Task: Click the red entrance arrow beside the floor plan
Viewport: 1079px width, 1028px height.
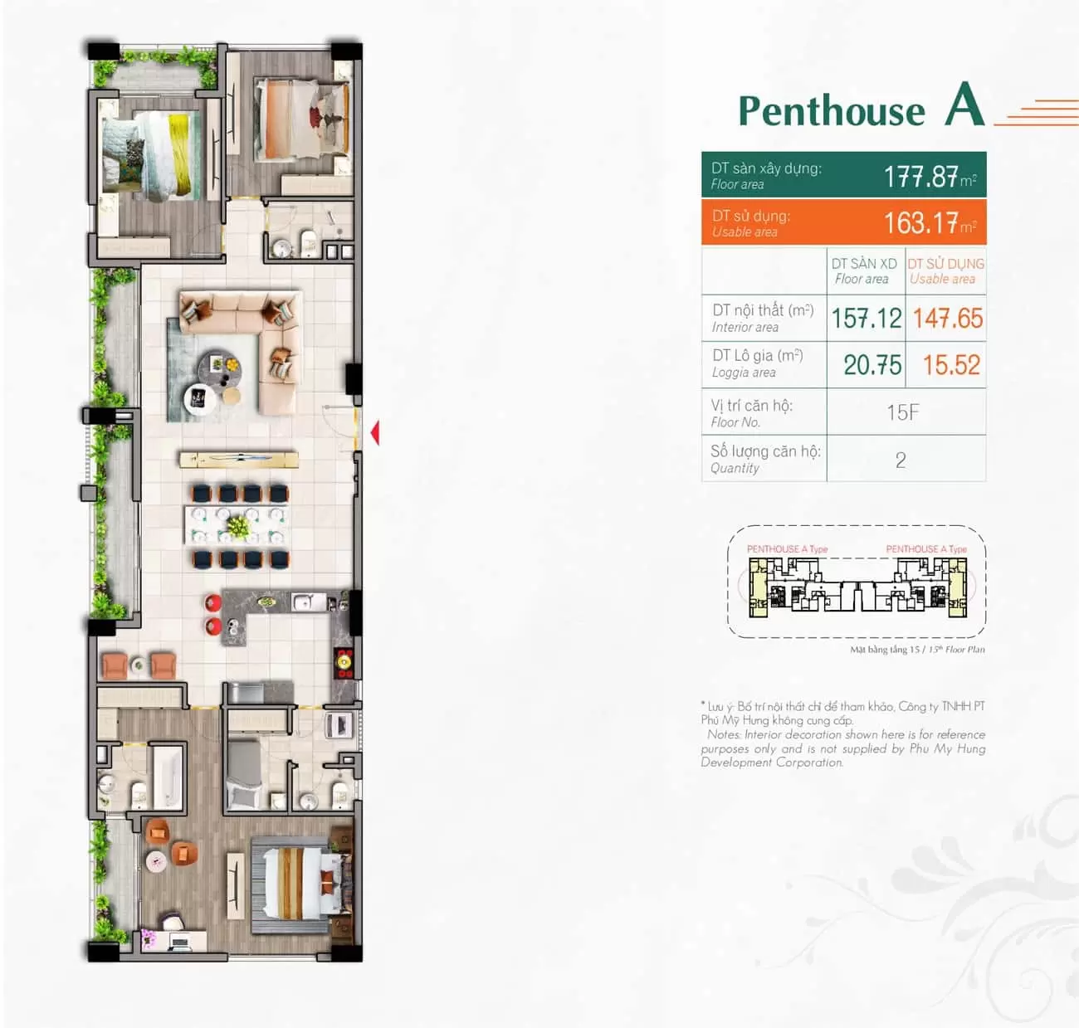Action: (375, 432)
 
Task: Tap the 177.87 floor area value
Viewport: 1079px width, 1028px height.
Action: (921, 177)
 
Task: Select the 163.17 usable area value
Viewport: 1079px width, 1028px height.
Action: (921, 223)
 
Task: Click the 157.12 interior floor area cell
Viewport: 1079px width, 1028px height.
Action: (867, 319)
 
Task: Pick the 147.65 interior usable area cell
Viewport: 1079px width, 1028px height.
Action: (947, 319)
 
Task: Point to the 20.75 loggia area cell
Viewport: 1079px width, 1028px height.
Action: (872, 365)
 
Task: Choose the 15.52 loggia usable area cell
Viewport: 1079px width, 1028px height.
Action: (951, 365)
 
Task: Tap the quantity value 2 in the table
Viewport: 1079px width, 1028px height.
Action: (901, 460)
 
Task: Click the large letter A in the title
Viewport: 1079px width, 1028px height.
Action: (964, 105)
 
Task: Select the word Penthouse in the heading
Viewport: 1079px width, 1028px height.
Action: (832, 111)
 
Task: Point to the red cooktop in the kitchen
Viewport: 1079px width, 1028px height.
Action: (344, 664)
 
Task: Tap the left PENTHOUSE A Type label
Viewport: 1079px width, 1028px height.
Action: (787, 549)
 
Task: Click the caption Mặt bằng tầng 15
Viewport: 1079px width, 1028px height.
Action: (885, 650)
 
